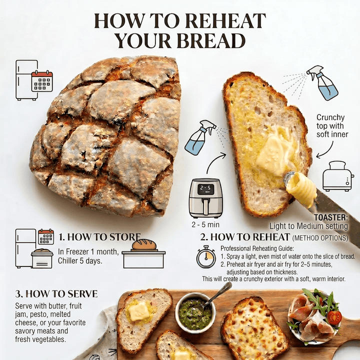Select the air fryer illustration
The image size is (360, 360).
205,198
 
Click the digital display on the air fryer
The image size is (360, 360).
205,189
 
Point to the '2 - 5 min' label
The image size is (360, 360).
205,224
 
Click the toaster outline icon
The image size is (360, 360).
338,175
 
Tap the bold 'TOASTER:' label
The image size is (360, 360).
331,217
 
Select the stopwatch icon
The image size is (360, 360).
206,256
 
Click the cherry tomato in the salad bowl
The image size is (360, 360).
334,317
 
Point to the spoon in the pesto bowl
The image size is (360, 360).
216,296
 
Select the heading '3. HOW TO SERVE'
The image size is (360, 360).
56,294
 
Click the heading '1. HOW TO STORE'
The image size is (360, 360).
99,237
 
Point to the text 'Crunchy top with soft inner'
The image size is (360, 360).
332,126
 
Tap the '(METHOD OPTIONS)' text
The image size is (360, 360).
320,238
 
